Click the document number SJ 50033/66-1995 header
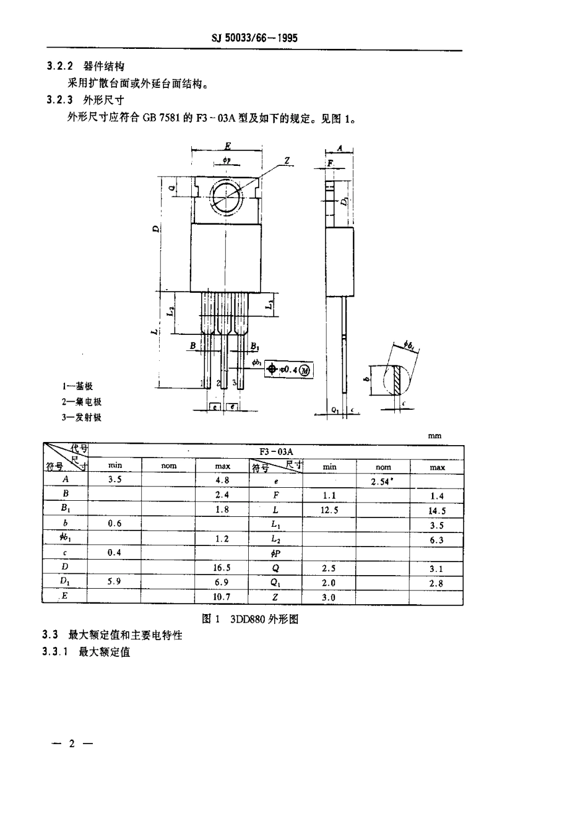pyautogui.click(x=254, y=38)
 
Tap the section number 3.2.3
pyautogui.click(x=60, y=99)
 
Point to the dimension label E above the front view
pyautogui.click(x=227, y=145)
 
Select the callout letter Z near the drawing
pyautogui.click(x=287, y=160)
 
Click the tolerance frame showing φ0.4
pyautogui.click(x=289, y=370)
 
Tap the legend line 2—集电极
pyautogui.click(x=81, y=402)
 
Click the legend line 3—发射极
pyautogui.click(x=81, y=417)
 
